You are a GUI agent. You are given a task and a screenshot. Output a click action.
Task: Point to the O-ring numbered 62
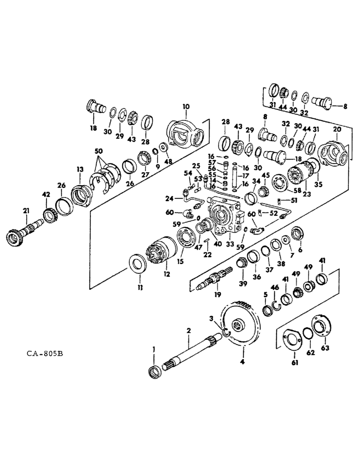tap(307, 333)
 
